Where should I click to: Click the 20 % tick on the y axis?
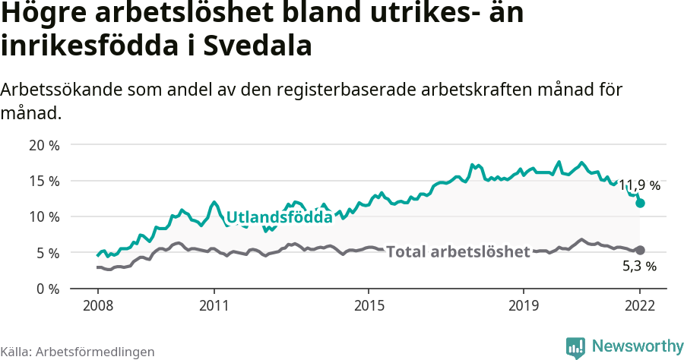(44, 144)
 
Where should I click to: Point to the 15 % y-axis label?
(44, 181)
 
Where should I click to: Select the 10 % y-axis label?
(44, 216)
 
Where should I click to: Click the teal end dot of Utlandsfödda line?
(640, 203)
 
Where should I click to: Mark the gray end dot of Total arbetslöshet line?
(640, 250)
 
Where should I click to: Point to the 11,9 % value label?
(638, 185)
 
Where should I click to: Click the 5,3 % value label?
(639, 267)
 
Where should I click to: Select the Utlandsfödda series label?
(280, 217)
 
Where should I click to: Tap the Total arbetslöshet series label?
(458, 251)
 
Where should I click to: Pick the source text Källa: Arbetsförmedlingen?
(78, 352)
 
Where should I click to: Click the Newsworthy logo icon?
(575, 347)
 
